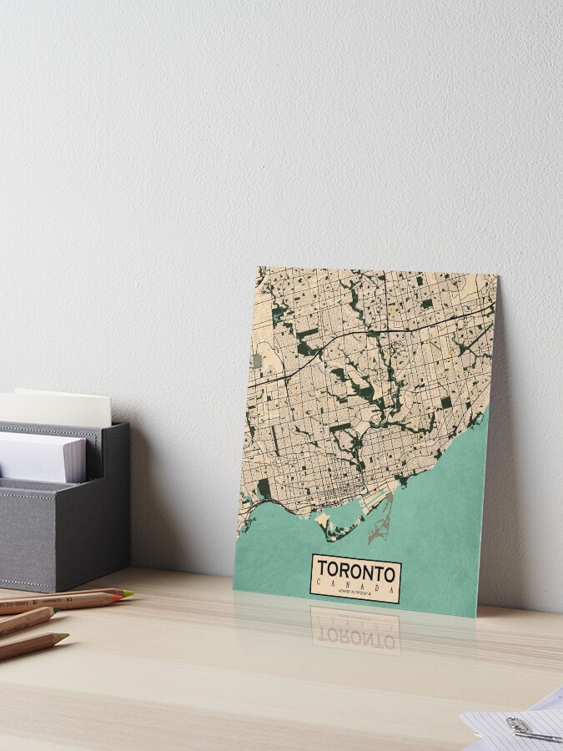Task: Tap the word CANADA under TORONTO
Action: tap(355, 587)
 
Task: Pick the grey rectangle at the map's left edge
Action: tap(258, 360)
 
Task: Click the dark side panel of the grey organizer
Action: tap(116, 501)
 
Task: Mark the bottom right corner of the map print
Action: tap(476, 617)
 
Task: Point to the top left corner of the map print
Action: tap(258, 268)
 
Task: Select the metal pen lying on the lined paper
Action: tap(539, 736)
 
